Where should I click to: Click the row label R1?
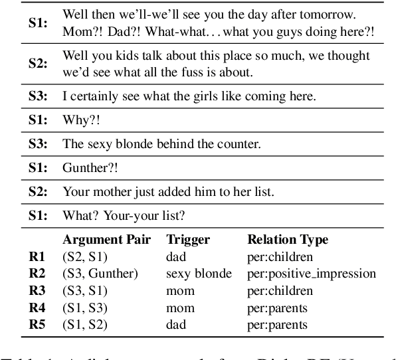(x=37, y=256)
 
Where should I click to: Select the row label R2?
(x=37, y=274)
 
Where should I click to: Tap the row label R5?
(x=37, y=325)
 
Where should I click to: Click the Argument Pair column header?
(x=106, y=240)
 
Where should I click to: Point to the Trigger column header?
(x=189, y=240)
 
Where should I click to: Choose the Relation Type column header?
(x=288, y=240)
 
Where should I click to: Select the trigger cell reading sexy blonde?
(x=199, y=274)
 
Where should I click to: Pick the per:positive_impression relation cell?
(x=312, y=274)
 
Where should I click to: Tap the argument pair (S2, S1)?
(x=85, y=256)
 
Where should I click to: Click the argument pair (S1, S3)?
(x=85, y=308)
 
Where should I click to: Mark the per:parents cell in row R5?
(x=278, y=325)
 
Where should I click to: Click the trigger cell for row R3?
(x=181, y=291)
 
